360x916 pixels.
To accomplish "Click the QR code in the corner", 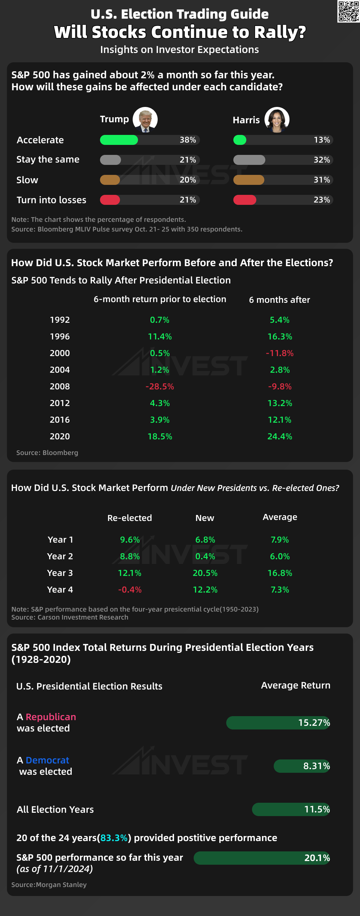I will point(348,11).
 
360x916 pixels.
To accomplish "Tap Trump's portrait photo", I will point(145,120).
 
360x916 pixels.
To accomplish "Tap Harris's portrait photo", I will point(277,120).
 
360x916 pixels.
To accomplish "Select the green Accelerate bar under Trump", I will point(119,140).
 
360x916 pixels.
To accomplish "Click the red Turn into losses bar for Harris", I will point(245,200).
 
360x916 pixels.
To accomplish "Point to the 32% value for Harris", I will point(322,160).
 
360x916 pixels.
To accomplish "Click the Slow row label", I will point(27,180).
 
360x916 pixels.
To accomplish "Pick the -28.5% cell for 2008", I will point(160,386).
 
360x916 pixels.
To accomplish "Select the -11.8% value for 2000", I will point(280,353).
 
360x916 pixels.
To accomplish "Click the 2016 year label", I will point(60,420).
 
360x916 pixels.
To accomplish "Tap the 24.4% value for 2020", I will point(280,436).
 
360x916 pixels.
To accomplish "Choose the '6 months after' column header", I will point(279,300).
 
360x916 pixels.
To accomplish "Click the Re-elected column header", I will point(129,518).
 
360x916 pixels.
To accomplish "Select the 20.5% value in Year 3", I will point(205,573).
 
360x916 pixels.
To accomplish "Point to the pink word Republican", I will point(51,716).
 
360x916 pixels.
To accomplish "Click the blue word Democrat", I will point(47,760).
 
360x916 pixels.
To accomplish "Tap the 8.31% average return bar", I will point(302,766).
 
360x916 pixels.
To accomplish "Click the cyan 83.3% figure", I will point(114,838).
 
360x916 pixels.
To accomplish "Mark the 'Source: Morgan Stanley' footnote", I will point(49,884).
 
